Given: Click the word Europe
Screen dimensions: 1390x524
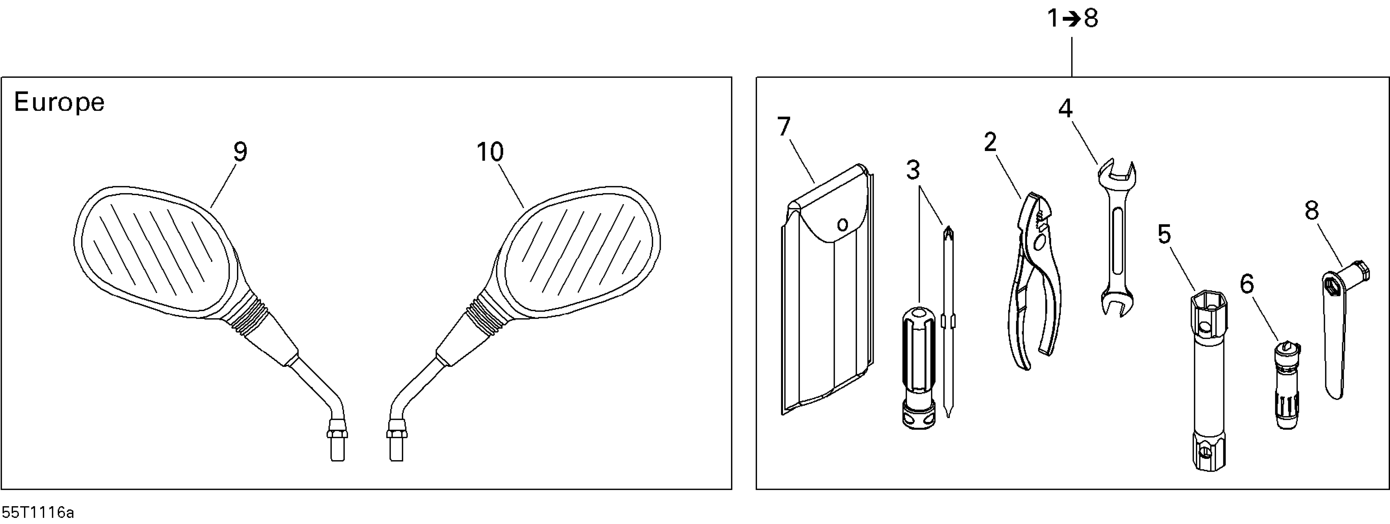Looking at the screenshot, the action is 59,102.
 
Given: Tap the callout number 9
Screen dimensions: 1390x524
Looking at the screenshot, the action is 240,152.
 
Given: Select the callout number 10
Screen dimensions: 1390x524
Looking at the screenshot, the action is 490,152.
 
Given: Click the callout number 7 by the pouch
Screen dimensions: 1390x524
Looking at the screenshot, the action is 784,127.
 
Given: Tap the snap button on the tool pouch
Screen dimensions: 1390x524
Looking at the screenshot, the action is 842,224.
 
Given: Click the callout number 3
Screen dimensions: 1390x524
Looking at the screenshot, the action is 913,170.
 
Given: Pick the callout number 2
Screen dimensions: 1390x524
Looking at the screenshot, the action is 990,143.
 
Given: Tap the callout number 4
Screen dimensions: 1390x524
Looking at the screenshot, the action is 1065,109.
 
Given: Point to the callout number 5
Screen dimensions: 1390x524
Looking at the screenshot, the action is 1164,235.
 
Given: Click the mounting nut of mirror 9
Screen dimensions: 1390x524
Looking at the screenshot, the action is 337,433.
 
